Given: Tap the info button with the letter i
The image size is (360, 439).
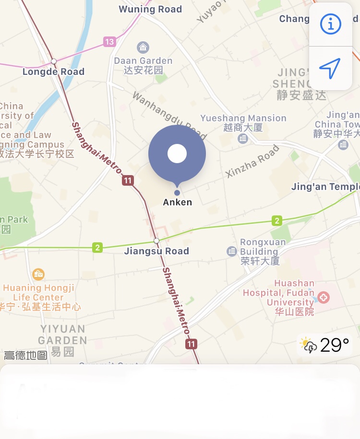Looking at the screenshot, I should [330, 24].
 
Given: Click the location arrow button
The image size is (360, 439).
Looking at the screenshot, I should [330, 68].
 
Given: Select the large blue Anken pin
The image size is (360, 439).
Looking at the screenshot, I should [177, 154].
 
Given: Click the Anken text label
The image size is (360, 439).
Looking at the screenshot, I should [178, 202].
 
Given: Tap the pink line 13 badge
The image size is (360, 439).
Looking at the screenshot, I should [109, 42].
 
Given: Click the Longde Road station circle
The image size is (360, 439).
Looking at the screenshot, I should [54, 61].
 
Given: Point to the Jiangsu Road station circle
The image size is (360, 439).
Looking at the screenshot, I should [156, 240].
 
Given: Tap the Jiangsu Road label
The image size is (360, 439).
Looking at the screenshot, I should [156, 251].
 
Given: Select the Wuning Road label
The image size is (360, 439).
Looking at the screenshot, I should [150, 9].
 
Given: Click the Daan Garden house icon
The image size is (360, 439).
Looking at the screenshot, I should [143, 47].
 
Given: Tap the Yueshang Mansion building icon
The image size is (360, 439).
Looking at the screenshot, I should [243, 139].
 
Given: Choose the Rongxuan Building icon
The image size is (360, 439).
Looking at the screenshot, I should [232, 251].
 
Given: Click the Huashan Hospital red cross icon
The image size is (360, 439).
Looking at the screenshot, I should [324, 297].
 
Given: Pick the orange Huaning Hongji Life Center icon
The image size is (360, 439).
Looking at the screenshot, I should [38, 274].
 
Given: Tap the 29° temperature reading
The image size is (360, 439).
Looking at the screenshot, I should [335, 345].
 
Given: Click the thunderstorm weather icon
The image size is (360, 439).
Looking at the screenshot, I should [308, 345].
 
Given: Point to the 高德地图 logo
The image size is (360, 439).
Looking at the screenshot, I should [25, 356].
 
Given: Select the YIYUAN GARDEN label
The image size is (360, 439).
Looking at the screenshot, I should [63, 335].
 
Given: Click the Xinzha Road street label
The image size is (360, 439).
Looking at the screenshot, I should [252, 161].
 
